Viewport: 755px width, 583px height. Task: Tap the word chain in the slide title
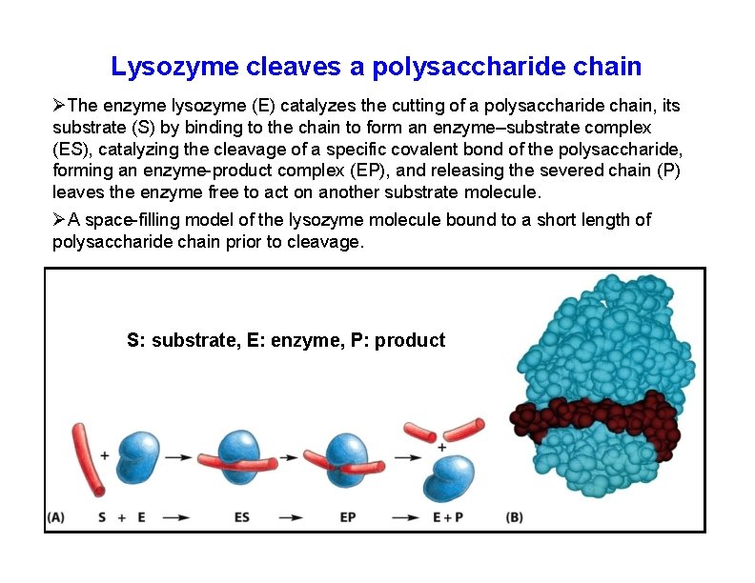(607, 67)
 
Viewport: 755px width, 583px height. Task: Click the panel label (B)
(514, 517)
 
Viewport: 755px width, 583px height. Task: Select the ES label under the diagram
(242, 517)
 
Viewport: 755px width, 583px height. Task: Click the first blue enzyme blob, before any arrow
(139, 455)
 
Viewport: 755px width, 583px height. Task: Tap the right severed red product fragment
(464, 429)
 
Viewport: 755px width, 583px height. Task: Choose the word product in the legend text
(410, 340)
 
